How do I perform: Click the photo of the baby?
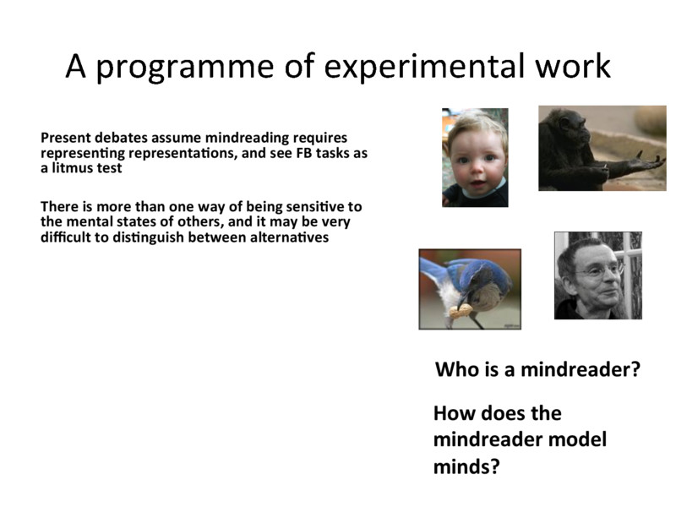pos(475,158)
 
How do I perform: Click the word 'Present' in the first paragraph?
pos(64,137)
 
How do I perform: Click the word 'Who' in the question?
pos(455,370)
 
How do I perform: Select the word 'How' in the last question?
pos(453,414)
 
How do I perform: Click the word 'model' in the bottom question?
pos(578,439)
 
